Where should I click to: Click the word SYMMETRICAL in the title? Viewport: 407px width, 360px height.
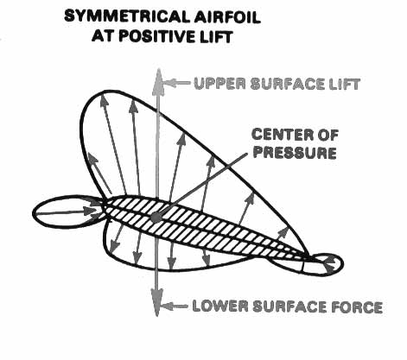126,16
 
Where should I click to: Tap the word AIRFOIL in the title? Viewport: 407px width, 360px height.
226,16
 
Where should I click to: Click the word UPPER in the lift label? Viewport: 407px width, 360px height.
220,84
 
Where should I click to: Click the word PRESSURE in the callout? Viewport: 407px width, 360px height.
295,153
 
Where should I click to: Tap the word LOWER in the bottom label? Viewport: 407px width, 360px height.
220,306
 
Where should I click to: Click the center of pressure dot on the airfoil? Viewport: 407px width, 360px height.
156,217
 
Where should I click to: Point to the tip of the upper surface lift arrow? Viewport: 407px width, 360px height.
157,69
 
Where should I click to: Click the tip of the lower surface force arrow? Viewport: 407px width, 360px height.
156,316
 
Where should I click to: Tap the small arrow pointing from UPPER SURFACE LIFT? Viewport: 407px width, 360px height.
176,83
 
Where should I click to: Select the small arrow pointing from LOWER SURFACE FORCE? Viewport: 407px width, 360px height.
175,306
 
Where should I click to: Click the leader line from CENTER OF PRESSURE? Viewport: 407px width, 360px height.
202,185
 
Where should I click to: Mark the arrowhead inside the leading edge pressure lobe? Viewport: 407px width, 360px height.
92,211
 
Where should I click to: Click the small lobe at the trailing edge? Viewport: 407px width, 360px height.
324,264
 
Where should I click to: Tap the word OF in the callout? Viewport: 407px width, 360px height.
328,135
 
